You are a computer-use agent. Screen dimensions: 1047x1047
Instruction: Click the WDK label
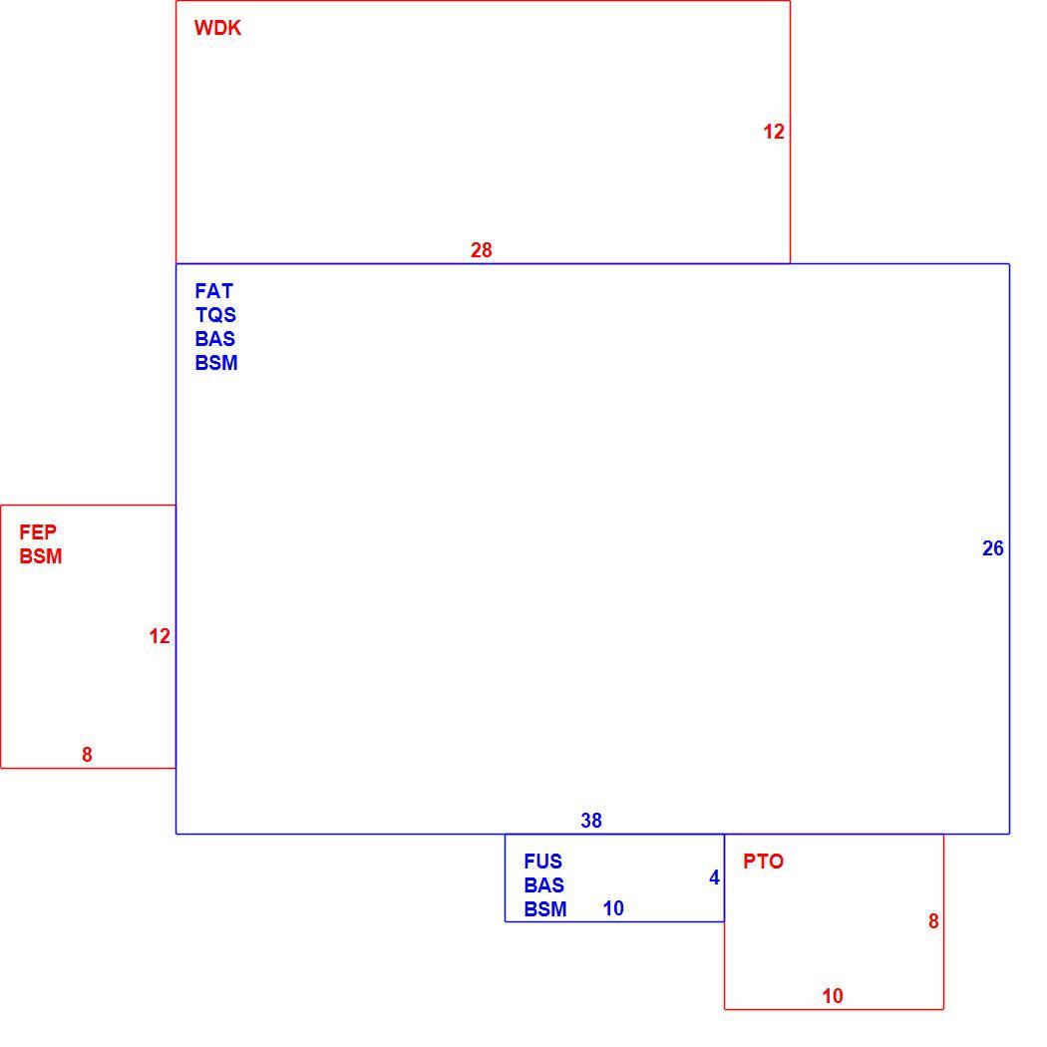pos(217,28)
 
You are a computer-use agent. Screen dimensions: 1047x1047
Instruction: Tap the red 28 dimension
pos(482,250)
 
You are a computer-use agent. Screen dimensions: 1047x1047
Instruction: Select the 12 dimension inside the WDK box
pos(774,132)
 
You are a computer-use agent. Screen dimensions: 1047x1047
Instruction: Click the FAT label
pos(213,291)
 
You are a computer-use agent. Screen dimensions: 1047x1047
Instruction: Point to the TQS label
pos(215,315)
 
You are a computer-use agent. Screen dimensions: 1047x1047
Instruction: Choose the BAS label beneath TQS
pos(215,339)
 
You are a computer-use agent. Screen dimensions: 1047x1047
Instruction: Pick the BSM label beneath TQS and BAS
pos(216,363)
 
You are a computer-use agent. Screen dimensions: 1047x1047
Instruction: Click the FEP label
pos(38,532)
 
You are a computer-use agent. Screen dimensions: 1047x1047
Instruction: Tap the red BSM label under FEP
pos(41,556)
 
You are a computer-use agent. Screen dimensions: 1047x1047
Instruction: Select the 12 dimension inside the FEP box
pos(160,636)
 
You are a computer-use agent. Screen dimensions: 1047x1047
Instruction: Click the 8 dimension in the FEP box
pos(87,755)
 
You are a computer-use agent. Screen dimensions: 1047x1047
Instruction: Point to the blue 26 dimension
pos(993,548)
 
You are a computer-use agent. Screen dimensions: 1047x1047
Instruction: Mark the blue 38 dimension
pos(591,821)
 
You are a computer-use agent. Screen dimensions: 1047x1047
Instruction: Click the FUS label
pos(542,862)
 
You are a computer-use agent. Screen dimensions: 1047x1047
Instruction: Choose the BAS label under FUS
pos(544,885)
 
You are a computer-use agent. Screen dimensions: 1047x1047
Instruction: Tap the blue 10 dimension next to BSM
pos(613,908)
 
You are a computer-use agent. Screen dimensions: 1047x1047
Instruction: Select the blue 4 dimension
pos(715,877)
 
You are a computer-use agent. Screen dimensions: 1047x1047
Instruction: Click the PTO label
pos(763,862)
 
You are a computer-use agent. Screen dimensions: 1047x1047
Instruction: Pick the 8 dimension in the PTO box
pos(933,921)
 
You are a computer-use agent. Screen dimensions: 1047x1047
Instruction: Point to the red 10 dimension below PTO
pos(833,996)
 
